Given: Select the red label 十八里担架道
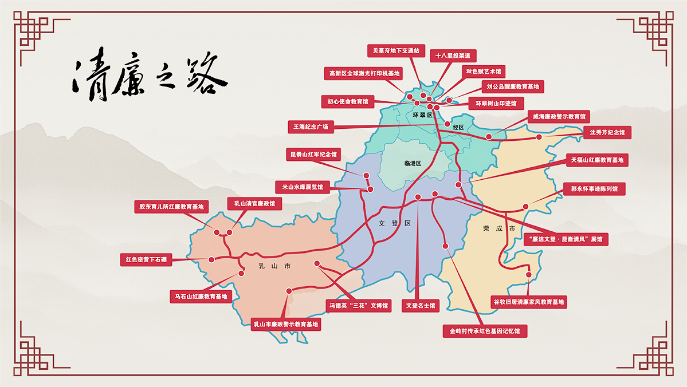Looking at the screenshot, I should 453,56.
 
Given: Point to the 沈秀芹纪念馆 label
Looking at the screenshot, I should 607,132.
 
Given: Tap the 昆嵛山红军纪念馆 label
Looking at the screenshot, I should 313,155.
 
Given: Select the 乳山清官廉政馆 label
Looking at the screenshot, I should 255,203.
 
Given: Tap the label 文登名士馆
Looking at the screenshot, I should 421,306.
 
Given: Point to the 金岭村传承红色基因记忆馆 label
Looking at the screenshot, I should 485,331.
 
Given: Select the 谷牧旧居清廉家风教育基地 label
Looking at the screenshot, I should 529,302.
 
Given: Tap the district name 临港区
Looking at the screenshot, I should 413,163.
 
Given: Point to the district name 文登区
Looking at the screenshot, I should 395,223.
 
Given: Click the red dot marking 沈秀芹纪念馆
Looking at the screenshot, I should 539,137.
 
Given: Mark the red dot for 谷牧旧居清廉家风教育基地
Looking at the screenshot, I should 528,275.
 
